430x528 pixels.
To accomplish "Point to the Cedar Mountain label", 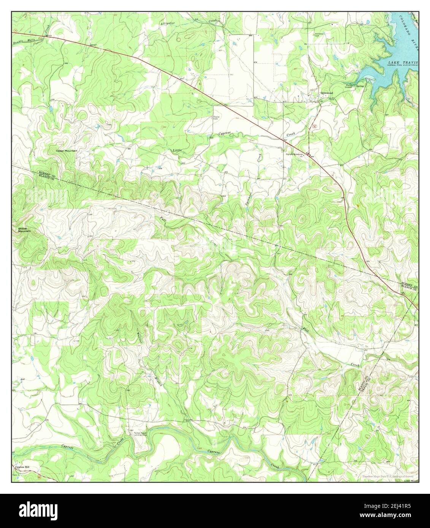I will [67, 151].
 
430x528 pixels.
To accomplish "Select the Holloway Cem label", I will [319, 35].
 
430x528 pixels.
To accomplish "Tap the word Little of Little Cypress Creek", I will [178, 150].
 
